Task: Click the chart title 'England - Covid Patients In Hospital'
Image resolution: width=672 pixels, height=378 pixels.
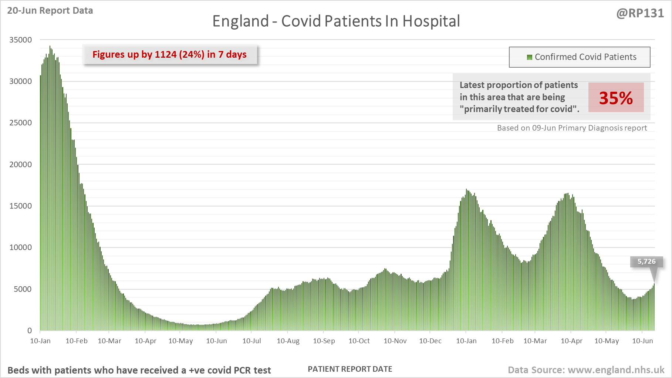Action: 336,21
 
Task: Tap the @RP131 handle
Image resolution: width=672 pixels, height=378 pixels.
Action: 640,13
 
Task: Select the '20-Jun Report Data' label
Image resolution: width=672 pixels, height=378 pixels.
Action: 50,11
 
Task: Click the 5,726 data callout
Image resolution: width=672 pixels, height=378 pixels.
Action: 646,261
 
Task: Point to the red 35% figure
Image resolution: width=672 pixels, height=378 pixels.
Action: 616,98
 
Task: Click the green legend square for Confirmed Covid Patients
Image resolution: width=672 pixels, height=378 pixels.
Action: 529,57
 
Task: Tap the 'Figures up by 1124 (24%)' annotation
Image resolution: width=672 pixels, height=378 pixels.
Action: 169,55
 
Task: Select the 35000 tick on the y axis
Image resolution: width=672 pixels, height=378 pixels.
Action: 21,40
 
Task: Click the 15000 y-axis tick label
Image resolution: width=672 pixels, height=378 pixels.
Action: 21,206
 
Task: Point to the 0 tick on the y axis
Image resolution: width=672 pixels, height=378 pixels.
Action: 30,331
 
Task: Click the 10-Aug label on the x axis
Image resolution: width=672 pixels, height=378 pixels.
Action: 288,341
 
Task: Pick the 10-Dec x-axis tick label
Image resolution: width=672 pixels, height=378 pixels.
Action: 430,341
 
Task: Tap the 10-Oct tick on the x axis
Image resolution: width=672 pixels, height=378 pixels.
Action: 359,341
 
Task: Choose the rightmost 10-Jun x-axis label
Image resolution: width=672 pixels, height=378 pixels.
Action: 642,341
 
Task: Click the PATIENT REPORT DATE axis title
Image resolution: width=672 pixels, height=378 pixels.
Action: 350,369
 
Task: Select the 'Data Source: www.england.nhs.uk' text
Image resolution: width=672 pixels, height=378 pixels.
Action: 586,370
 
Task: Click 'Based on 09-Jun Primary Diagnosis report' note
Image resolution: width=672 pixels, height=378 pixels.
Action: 572,128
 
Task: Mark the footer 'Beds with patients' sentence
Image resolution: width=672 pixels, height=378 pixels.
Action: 139,370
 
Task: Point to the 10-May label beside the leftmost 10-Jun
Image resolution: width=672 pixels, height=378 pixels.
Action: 180,341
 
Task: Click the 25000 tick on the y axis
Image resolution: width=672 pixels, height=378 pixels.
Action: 21,123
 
